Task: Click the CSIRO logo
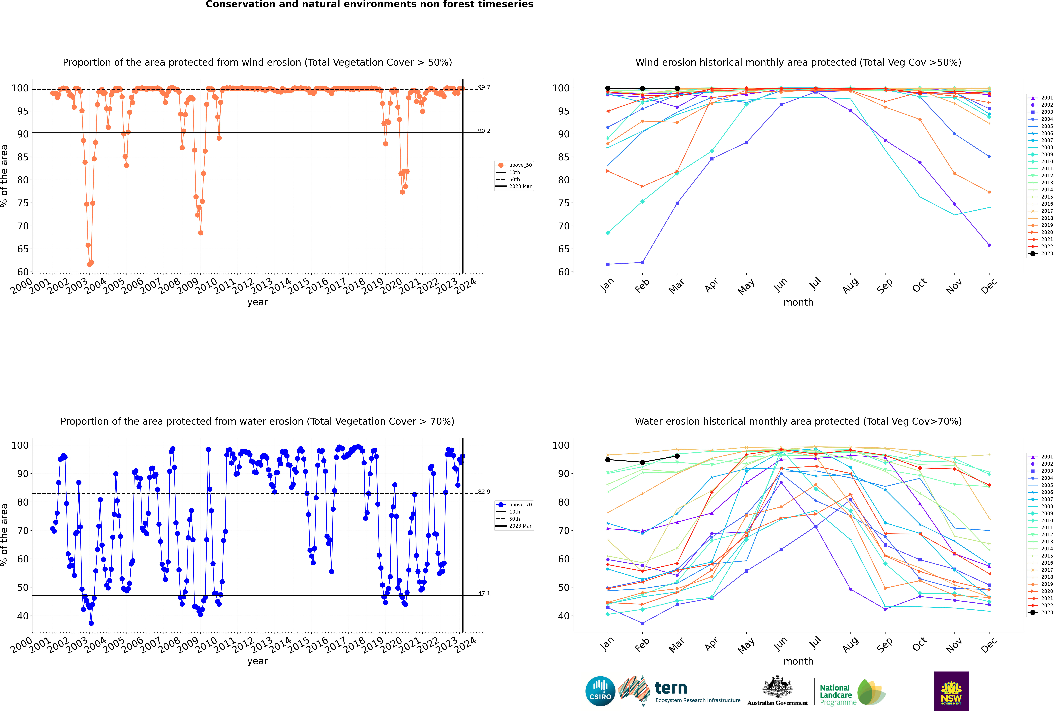(x=600, y=691)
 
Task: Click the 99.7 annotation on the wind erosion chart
(x=484, y=88)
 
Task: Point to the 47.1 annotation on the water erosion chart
(x=484, y=594)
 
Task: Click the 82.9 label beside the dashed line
(x=484, y=492)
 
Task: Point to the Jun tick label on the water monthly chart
(x=780, y=645)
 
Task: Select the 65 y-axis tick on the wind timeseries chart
(x=23, y=249)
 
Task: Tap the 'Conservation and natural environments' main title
(x=369, y=5)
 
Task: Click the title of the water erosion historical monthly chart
(x=798, y=421)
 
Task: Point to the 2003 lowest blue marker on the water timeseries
(x=91, y=623)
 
